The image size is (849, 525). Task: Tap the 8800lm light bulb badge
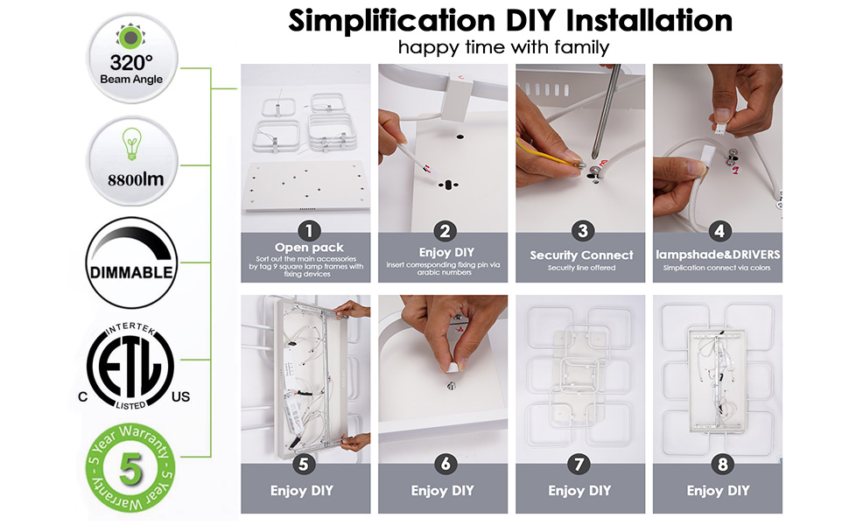130,161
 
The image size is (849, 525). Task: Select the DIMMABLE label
130,270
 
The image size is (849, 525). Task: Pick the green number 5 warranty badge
130,468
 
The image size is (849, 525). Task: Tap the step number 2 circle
446,231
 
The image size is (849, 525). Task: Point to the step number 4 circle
719,231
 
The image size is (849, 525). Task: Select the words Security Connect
581,255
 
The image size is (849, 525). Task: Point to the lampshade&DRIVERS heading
719,255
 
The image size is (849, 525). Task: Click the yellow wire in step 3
547,157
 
